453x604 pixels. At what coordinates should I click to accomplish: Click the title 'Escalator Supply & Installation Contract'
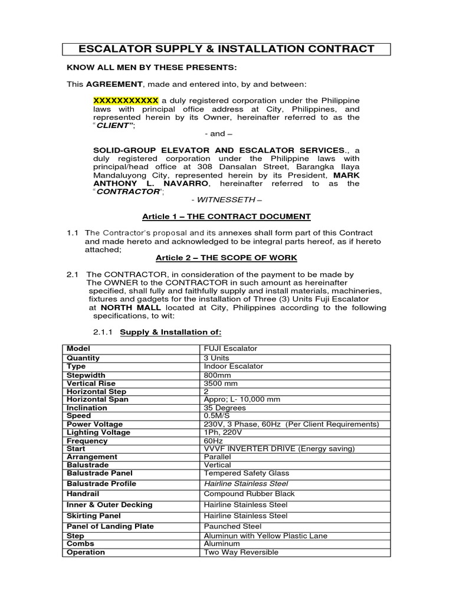(x=226, y=48)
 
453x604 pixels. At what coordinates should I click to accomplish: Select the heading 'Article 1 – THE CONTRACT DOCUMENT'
(x=226, y=216)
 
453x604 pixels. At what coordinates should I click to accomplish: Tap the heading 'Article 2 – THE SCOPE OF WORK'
(x=226, y=258)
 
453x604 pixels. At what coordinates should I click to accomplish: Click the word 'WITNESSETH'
(x=226, y=200)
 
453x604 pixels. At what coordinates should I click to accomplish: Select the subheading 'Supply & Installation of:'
(x=170, y=332)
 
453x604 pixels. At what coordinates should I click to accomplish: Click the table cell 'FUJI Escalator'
(x=231, y=349)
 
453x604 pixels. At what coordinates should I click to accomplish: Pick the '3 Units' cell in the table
(x=216, y=358)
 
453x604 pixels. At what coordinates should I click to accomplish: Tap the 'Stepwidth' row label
(x=86, y=375)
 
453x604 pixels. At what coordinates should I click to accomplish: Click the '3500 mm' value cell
(x=221, y=383)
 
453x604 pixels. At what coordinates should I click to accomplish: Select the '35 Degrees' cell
(x=225, y=408)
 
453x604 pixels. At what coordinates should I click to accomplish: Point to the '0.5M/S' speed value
(x=219, y=416)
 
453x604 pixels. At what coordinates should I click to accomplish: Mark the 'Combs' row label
(x=80, y=544)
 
